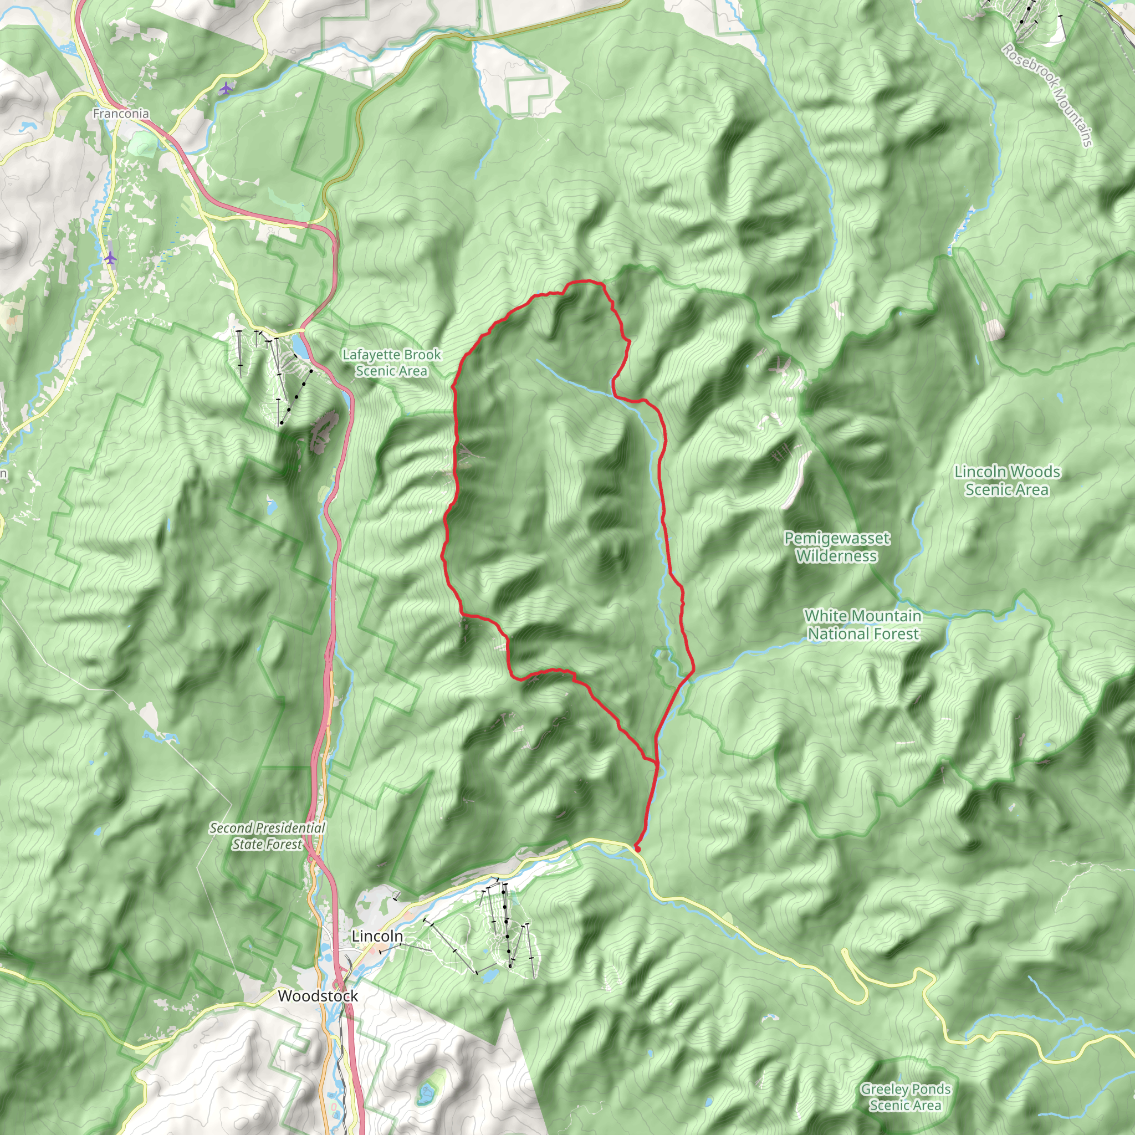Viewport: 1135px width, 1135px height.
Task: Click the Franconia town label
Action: pyautogui.click(x=121, y=114)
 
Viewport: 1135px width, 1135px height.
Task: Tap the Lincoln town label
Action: pyautogui.click(x=377, y=936)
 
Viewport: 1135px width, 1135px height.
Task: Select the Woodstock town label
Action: pyautogui.click(x=318, y=996)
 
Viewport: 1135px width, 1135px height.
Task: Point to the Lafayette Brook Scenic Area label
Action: pyautogui.click(x=391, y=362)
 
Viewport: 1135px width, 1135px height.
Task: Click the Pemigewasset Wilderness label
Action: pyautogui.click(x=836, y=547)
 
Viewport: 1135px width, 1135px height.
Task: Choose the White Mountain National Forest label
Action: pyautogui.click(x=862, y=625)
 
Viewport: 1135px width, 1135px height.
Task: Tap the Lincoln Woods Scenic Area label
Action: pyautogui.click(x=1007, y=480)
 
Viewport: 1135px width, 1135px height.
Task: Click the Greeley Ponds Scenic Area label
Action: pyautogui.click(x=906, y=1097)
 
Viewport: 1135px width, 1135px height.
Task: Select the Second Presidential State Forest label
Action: pyautogui.click(x=267, y=836)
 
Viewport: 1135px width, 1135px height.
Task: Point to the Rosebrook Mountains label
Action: pyautogui.click(x=1047, y=95)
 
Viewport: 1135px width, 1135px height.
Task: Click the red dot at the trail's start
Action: pyautogui.click(x=637, y=849)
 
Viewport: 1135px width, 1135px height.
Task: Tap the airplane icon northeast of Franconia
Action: pyautogui.click(x=226, y=89)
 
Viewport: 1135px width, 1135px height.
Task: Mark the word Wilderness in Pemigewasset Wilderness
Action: pyautogui.click(x=836, y=556)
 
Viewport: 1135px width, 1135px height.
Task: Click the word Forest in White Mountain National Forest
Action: pyautogui.click(x=892, y=633)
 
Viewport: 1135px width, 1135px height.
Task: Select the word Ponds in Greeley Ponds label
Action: pyautogui.click(x=929, y=1088)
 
